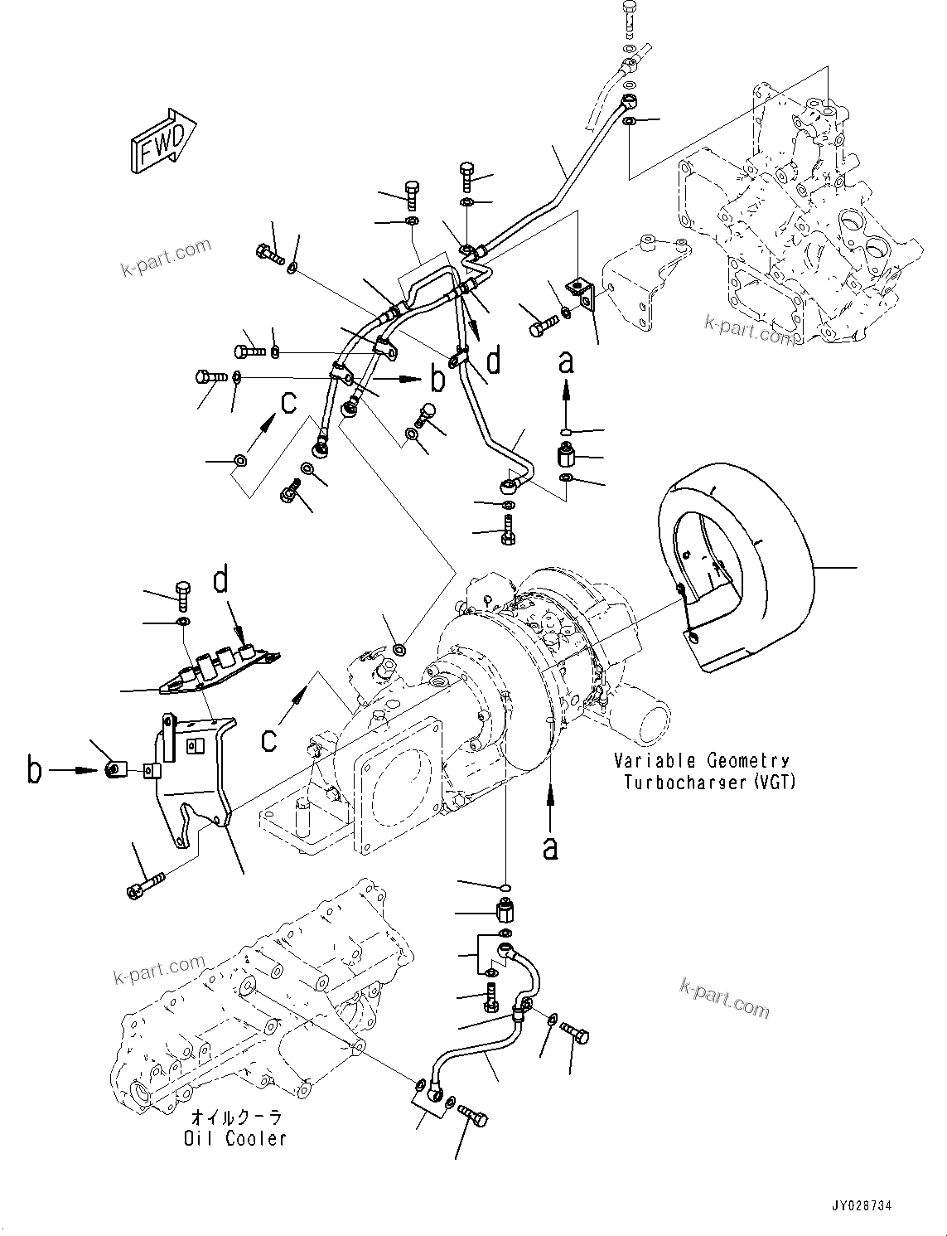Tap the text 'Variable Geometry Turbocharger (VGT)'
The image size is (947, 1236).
701,771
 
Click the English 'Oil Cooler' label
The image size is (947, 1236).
234,1139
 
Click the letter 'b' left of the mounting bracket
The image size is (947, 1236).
33,770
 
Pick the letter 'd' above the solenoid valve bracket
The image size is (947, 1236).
220,579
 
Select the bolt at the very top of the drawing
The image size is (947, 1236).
629,15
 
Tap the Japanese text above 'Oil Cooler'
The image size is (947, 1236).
235,1117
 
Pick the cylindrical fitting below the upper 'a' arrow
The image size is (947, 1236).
566,455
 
